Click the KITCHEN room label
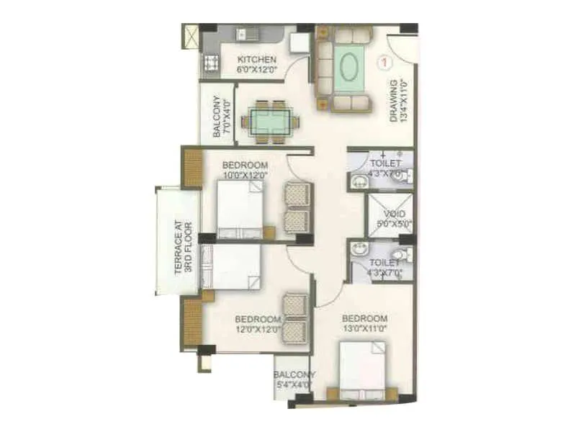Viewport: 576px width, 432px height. (256, 60)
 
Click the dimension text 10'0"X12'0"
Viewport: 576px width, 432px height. (245, 174)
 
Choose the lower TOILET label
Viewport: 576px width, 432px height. (384, 264)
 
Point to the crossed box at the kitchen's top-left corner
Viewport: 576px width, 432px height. (191, 36)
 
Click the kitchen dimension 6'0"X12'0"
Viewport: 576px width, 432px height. (256, 70)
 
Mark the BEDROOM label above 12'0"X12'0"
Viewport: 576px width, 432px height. (257, 319)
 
